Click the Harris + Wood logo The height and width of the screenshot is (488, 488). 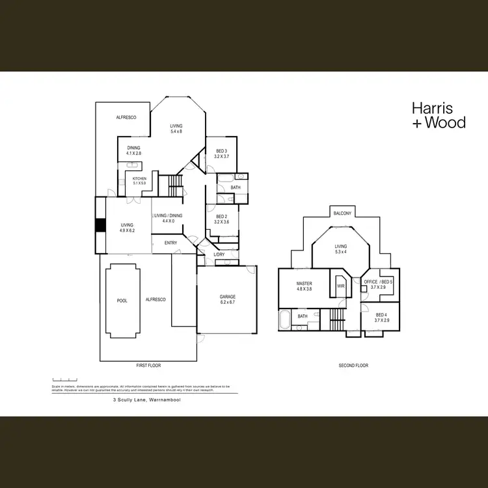click(439, 115)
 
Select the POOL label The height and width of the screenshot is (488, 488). click(122, 301)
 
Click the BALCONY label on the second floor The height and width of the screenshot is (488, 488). click(342, 213)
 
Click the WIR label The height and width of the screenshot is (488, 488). click(340, 284)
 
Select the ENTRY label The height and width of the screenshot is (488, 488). click(170, 243)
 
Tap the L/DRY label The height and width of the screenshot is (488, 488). click(219, 254)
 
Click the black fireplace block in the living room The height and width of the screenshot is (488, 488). click(100, 225)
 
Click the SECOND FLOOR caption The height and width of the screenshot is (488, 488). click(353, 366)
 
